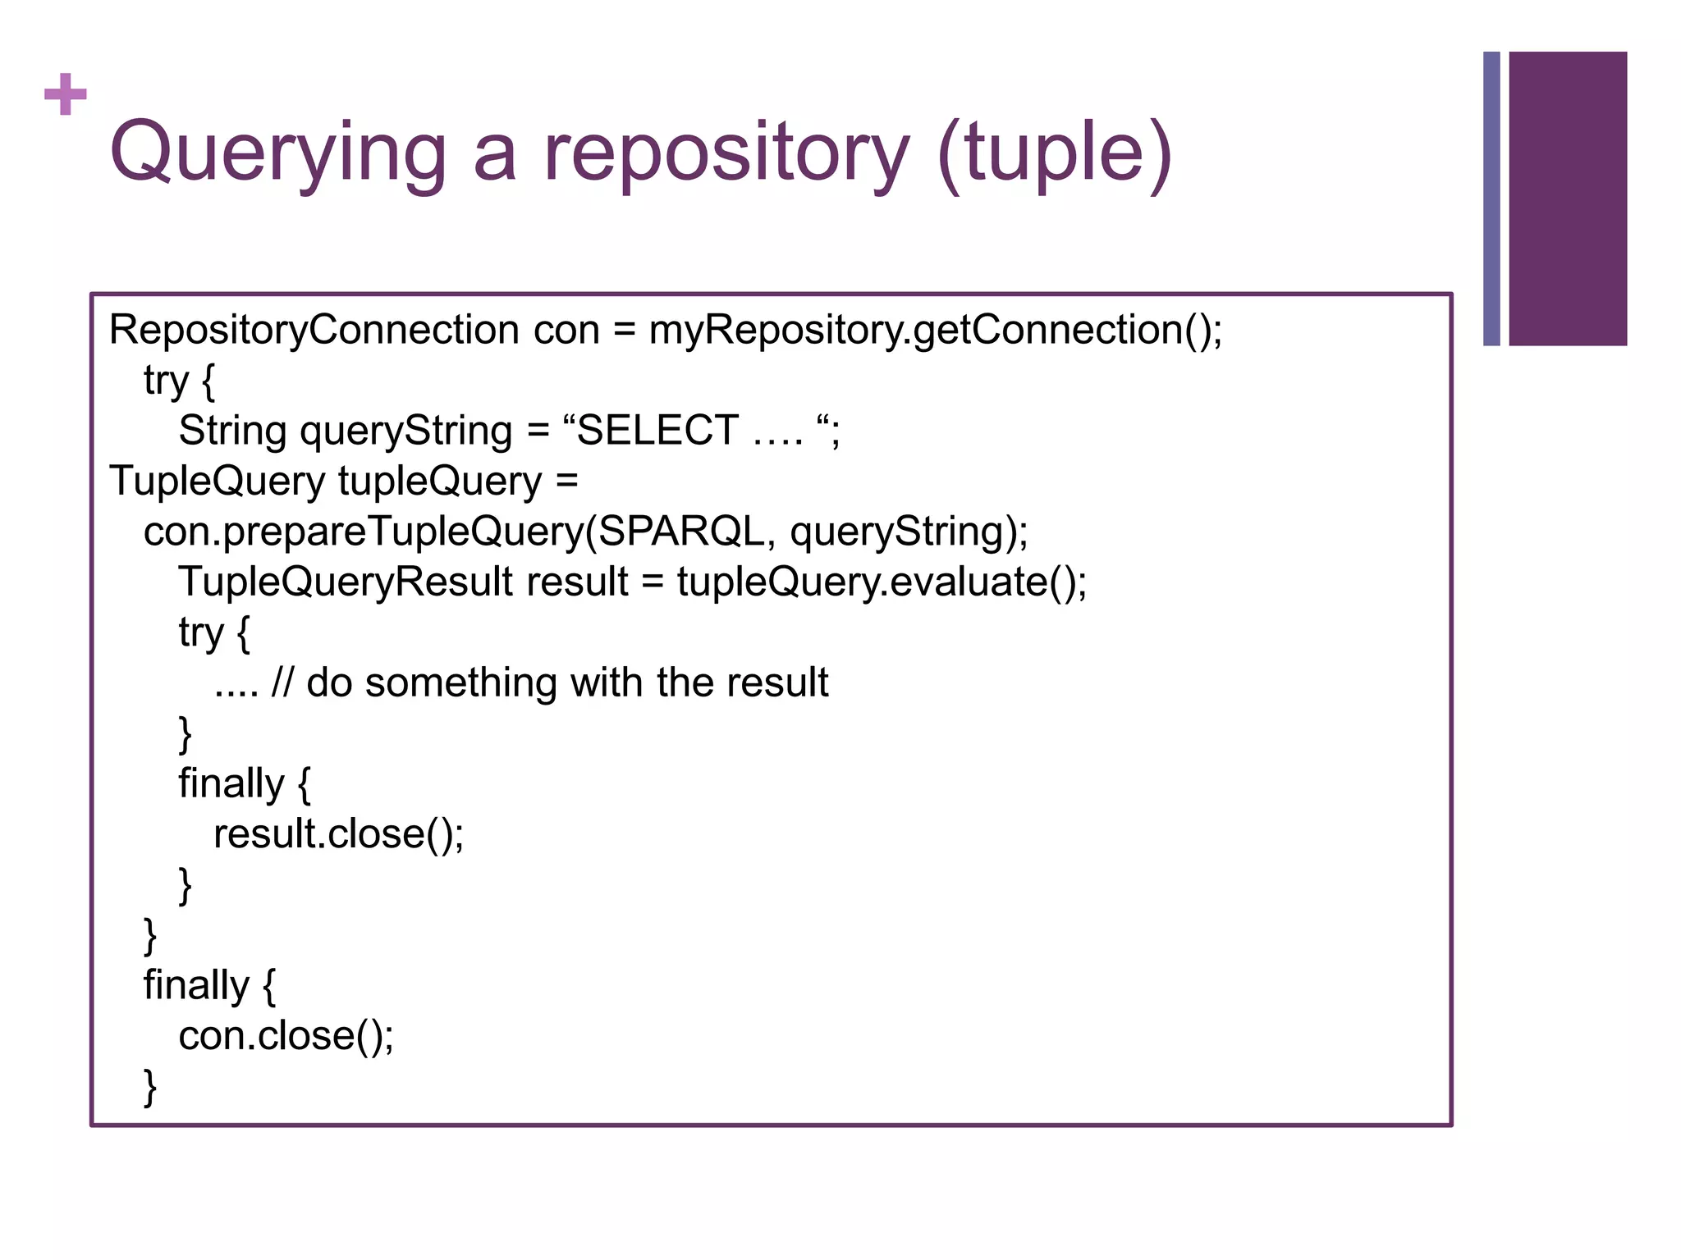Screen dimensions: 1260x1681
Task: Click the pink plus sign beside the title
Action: (66, 94)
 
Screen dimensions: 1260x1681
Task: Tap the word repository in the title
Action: (726, 153)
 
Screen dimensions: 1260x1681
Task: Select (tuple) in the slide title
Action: (1055, 153)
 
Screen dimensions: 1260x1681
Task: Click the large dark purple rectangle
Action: (1567, 199)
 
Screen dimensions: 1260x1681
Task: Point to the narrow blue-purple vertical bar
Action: (1491, 199)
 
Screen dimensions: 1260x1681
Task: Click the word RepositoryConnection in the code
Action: (314, 330)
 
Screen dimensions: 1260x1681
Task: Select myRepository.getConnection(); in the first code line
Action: (935, 330)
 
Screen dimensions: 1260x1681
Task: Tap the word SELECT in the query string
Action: (657, 431)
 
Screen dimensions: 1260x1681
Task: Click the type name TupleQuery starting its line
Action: (218, 481)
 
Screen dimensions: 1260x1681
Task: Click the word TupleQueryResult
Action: (346, 582)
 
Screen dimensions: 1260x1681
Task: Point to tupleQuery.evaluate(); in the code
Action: (882, 582)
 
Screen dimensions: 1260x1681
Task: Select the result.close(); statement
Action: (338, 834)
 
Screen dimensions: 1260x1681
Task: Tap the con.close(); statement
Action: (286, 1036)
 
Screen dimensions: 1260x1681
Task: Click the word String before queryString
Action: (232, 431)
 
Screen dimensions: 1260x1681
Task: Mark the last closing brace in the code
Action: (150, 1087)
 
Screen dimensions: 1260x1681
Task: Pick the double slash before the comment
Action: (282, 682)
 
